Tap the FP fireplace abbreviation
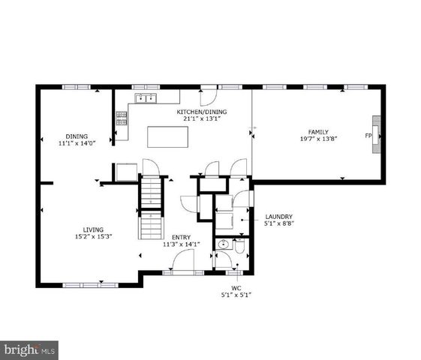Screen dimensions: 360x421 [368, 136]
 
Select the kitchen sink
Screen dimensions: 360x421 [145, 97]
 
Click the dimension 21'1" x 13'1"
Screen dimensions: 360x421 [201, 120]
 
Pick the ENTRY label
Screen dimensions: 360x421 [181, 237]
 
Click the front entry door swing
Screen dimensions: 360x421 [183, 261]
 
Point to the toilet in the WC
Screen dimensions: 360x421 [239, 247]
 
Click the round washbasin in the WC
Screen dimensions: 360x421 [221, 245]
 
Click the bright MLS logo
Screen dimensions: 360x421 [30, 349]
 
